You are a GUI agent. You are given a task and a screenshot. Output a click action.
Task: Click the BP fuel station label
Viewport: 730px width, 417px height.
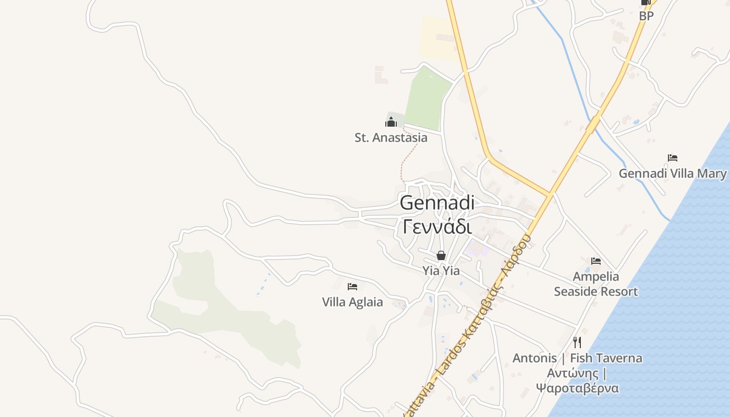(x=646, y=16)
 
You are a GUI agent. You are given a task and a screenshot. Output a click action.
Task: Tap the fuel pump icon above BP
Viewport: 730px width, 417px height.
(x=646, y=3)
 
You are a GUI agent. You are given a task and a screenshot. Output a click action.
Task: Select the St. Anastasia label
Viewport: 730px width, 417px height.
(x=391, y=138)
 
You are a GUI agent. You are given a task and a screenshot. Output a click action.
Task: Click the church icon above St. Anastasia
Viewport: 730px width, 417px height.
(x=391, y=122)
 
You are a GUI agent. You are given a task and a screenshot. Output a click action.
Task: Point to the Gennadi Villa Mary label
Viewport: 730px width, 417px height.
(x=672, y=174)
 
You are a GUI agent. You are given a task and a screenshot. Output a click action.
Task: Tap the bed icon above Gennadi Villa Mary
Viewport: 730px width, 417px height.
(x=673, y=158)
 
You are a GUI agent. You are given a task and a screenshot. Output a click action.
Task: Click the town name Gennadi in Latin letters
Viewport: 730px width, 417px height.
(x=437, y=203)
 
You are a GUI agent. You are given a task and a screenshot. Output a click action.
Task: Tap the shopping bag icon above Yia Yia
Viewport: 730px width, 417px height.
(x=441, y=255)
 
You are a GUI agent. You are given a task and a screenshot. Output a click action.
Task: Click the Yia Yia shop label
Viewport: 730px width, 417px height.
(x=441, y=271)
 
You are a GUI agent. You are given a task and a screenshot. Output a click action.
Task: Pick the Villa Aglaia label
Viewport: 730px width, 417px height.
(x=352, y=302)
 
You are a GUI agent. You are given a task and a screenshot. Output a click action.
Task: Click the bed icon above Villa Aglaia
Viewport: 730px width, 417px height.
(x=352, y=286)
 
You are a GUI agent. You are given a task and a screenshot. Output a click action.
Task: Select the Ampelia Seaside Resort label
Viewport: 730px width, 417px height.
(x=595, y=284)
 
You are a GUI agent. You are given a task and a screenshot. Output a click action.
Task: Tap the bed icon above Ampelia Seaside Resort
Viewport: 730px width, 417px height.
(x=596, y=261)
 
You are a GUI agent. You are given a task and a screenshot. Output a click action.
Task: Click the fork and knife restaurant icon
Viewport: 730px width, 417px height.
(x=577, y=342)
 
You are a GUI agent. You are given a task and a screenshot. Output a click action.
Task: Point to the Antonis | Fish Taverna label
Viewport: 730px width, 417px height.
(x=577, y=358)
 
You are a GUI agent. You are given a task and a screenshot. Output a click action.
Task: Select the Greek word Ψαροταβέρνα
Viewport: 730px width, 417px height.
(x=577, y=388)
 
